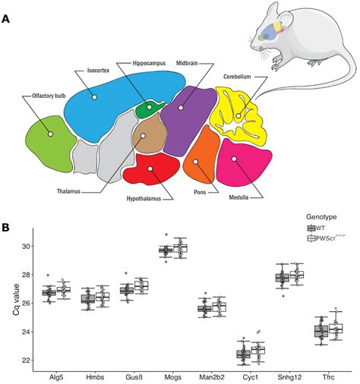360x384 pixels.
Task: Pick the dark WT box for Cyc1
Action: point(243,354)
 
